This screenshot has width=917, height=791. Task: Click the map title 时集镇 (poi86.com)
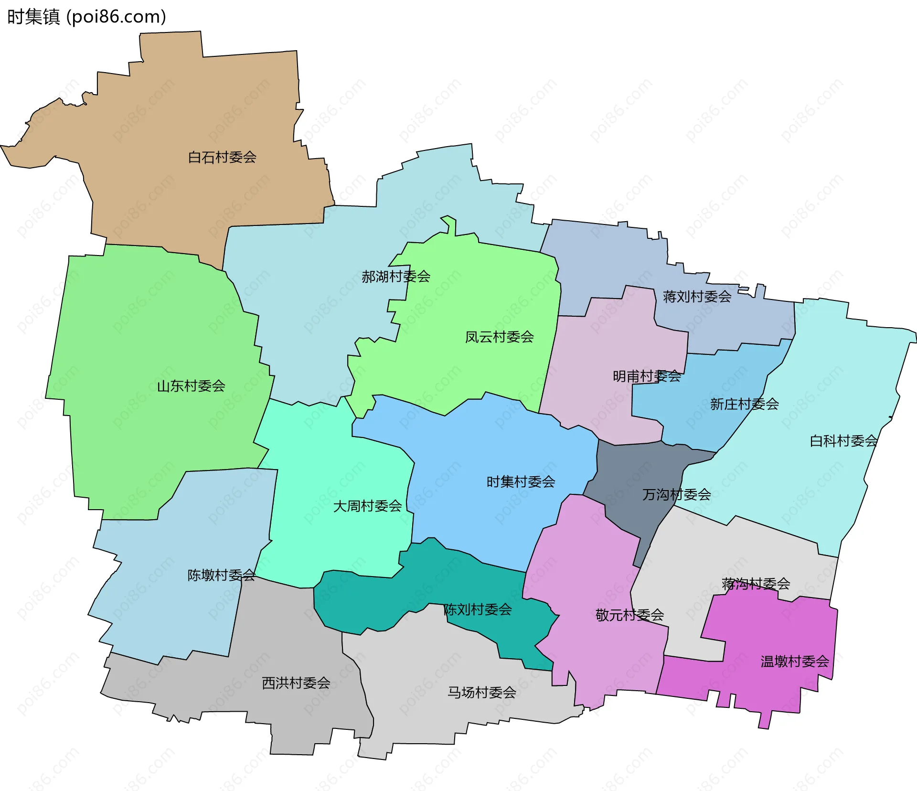(86, 17)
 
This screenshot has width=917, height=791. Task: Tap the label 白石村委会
(222, 157)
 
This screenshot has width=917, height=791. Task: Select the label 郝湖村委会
(396, 277)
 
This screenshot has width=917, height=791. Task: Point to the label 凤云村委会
(499, 337)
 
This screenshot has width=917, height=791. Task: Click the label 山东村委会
(191, 386)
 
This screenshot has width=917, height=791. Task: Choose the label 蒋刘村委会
(697, 297)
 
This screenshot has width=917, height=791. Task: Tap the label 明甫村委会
(647, 376)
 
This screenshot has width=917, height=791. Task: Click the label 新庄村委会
(744, 404)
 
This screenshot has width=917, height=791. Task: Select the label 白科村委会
(843, 441)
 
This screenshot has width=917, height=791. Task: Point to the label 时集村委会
(521, 481)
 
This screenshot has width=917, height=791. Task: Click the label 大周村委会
(367, 506)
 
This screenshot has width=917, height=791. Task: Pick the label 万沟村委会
(676, 494)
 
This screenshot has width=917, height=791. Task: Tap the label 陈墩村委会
(221, 575)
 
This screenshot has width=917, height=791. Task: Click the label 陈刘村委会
(478, 609)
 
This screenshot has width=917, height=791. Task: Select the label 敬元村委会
(629, 615)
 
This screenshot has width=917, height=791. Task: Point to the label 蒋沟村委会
(756, 584)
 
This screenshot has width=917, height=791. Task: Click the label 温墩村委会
(794, 662)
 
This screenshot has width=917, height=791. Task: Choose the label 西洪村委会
(296, 683)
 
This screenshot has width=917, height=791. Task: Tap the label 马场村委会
(481, 693)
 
